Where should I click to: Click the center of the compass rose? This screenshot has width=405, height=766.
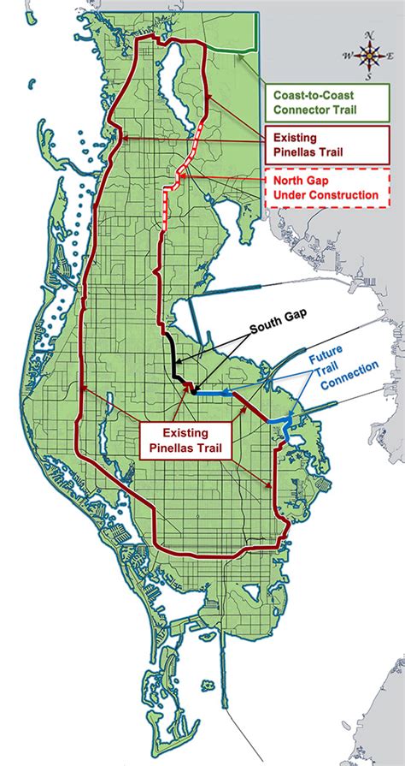coord(370,56)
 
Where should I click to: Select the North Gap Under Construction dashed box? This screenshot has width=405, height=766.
coord(324,188)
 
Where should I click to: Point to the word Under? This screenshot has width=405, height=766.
coord(288,196)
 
